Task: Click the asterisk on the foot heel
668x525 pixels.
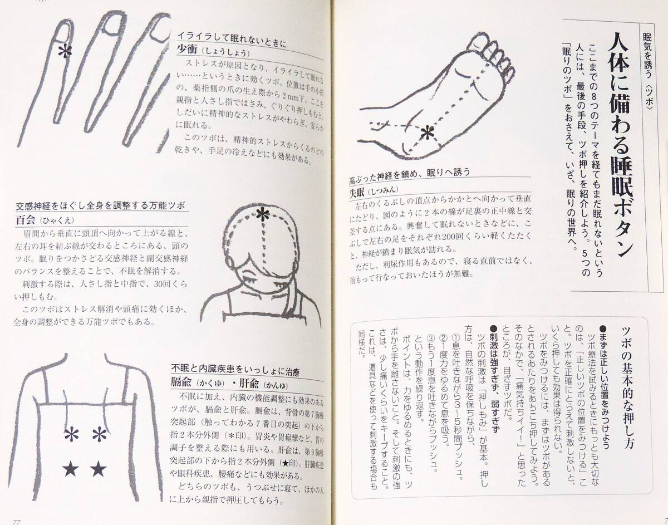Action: point(427,133)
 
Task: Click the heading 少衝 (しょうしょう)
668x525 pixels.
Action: point(212,52)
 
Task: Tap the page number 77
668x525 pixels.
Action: point(17,521)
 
